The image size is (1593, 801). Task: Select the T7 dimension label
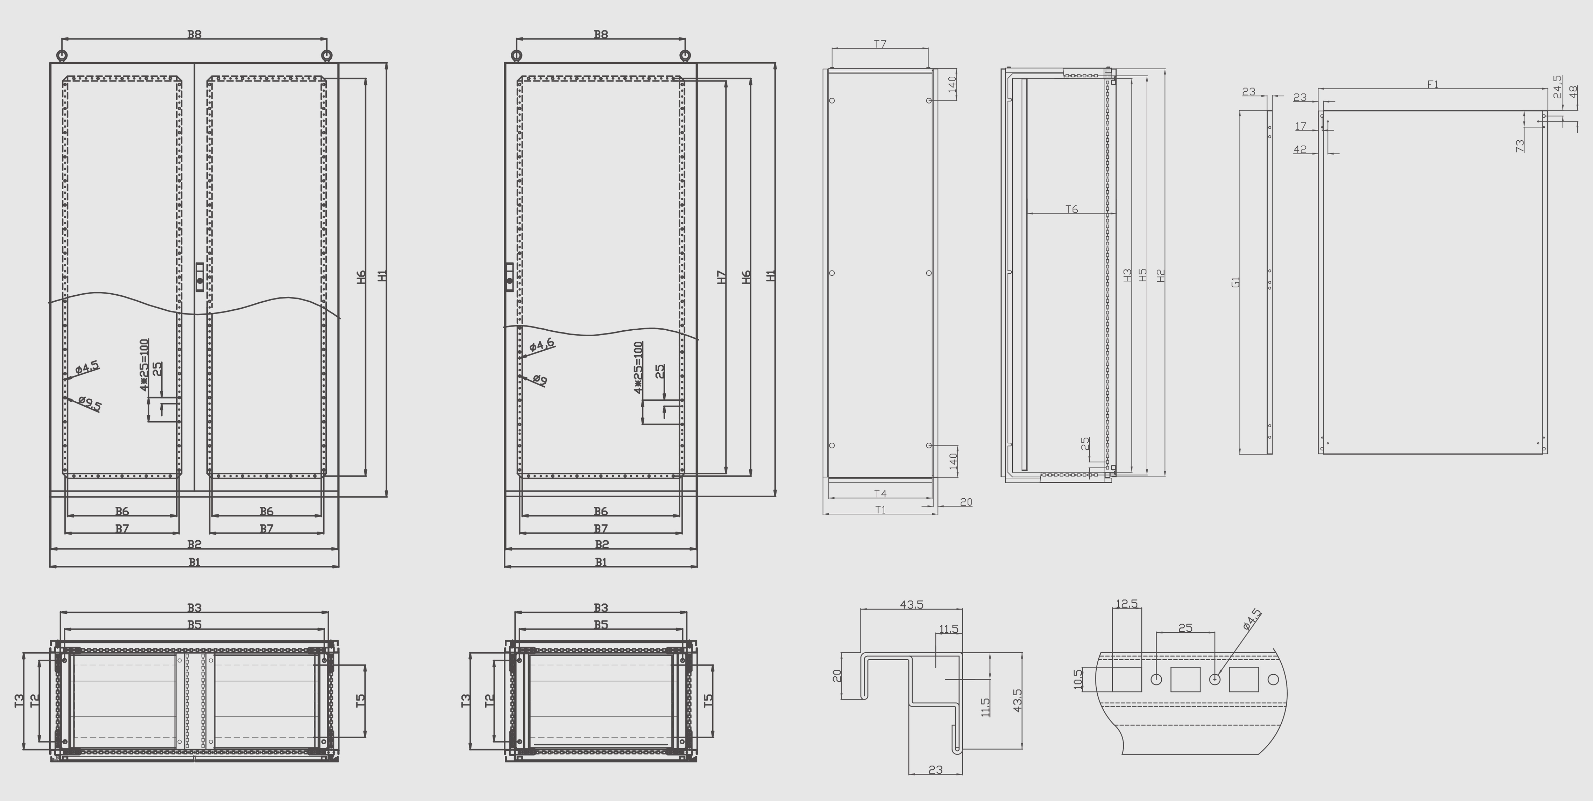[880, 44]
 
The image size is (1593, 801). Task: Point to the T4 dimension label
[880, 493]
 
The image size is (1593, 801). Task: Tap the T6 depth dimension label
[1071, 209]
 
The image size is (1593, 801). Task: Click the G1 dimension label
[1236, 282]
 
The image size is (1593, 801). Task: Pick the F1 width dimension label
[1432, 84]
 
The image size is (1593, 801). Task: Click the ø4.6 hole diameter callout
[542, 345]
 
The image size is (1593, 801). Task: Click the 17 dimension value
[1301, 126]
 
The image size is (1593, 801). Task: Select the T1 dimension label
[880, 510]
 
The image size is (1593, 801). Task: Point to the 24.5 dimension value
[1557, 86]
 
